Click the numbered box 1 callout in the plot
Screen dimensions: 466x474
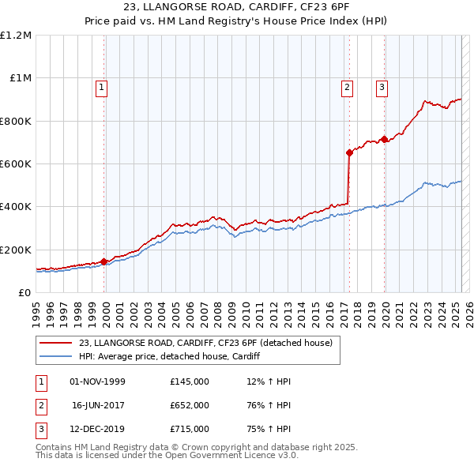[x=103, y=88]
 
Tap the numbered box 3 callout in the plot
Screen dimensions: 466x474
[x=382, y=88]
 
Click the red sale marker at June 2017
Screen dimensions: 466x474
[x=348, y=153]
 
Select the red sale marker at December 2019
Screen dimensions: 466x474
[x=384, y=140]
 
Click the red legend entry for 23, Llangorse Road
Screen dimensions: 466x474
[x=210, y=343]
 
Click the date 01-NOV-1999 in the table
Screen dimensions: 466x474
[x=98, y=381]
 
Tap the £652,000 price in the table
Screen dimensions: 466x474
[x=190, y=405]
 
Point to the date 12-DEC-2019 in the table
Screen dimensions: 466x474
[x=98, y=429]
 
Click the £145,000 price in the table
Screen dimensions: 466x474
[x=190, y=381]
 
